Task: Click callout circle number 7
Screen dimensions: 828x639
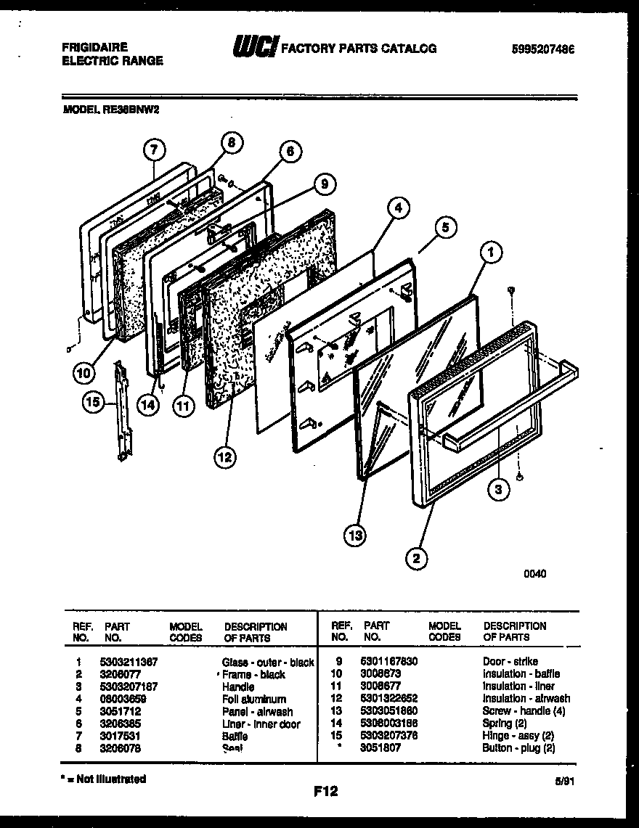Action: (x=152, y=150)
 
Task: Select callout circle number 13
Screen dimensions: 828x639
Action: (x=355, y=536)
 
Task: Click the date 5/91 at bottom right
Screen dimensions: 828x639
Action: (x=571, y=783)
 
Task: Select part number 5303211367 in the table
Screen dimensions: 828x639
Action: (x=129, y=662)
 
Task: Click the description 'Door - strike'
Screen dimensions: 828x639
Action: (x=510, y=661)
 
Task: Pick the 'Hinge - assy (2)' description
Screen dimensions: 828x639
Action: (x=518, y=735)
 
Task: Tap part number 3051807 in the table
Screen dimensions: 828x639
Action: (x=379, y=747)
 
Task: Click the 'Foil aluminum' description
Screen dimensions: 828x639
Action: (x=253, y=699)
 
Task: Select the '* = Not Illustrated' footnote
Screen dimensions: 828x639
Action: (x=103, y=779)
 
